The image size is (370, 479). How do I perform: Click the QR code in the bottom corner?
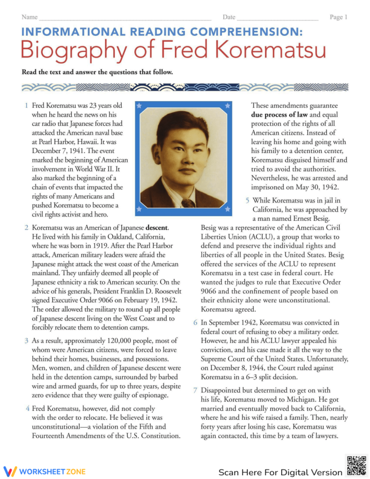(x=356, y=465)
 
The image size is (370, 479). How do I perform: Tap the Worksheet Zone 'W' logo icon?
(x=11, y=471)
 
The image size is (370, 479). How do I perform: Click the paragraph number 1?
(x=26, y=106)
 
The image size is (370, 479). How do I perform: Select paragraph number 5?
(x=247, y=200)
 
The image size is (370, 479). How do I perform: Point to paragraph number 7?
(x=195, y=391)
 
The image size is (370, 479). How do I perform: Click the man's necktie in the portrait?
(x=188, y=203)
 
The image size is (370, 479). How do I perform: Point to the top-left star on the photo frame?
(x=140, y=106)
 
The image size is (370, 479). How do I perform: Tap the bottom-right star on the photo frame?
(x=227, y=209)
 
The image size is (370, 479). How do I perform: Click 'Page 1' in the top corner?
(x=338, y=17)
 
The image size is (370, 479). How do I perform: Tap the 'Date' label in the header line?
(x=229, y=17)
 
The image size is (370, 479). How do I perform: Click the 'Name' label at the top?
(x=29, y=17)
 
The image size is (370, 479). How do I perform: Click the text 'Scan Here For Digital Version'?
(x=280, y=472)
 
